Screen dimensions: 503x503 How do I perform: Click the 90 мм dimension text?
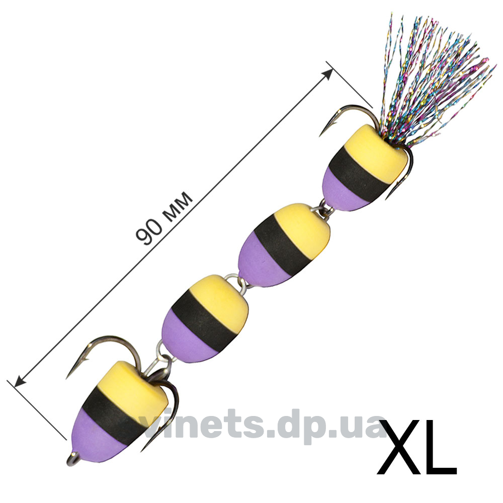tap(164, 218)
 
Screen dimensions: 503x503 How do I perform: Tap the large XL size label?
tap(416, 447)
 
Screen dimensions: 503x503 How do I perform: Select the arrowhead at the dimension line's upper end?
tap(328, 74)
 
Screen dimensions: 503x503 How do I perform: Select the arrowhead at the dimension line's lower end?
tap(20, 382)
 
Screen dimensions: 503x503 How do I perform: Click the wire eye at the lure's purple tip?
tap(72, 459)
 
